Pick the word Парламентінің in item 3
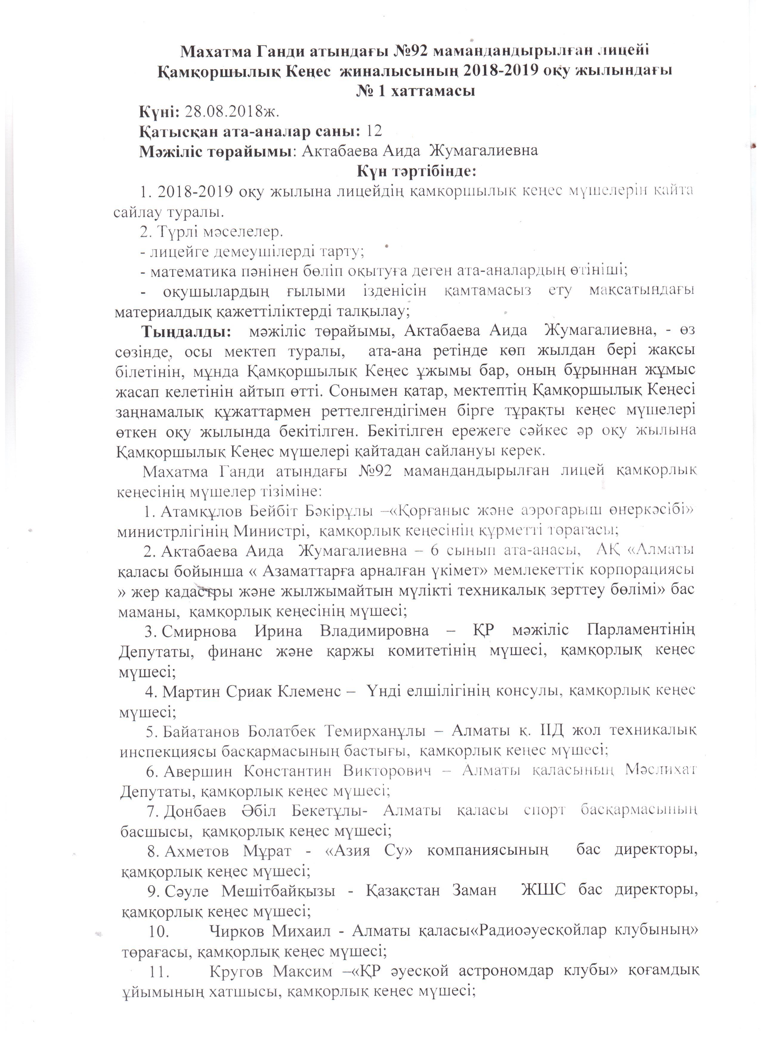click(x=641, y=631)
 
